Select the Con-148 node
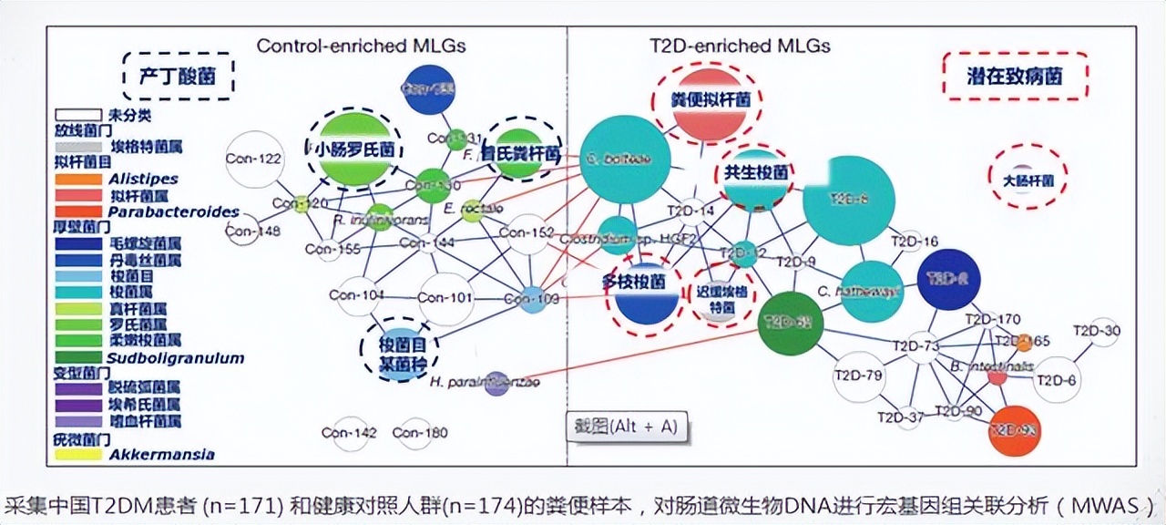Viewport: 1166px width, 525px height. [x=242, y=232]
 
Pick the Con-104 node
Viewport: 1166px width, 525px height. [x=357, y=295]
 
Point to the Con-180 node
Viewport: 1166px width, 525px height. [x=414, y=434]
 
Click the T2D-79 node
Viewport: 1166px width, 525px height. [x=859, y=376]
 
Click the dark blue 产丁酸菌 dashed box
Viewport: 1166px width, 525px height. [x=179, y=76]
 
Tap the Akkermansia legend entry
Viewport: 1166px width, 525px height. [x=162, y=455]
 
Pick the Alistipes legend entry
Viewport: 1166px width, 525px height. [x=143, y=180]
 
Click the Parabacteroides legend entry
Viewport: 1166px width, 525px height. [x=174, y=212]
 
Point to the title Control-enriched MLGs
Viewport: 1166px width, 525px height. [x=362, y=46]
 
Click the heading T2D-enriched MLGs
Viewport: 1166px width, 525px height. [x=739, y=46]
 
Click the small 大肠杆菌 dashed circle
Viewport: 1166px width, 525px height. [x=1028, y=177]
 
